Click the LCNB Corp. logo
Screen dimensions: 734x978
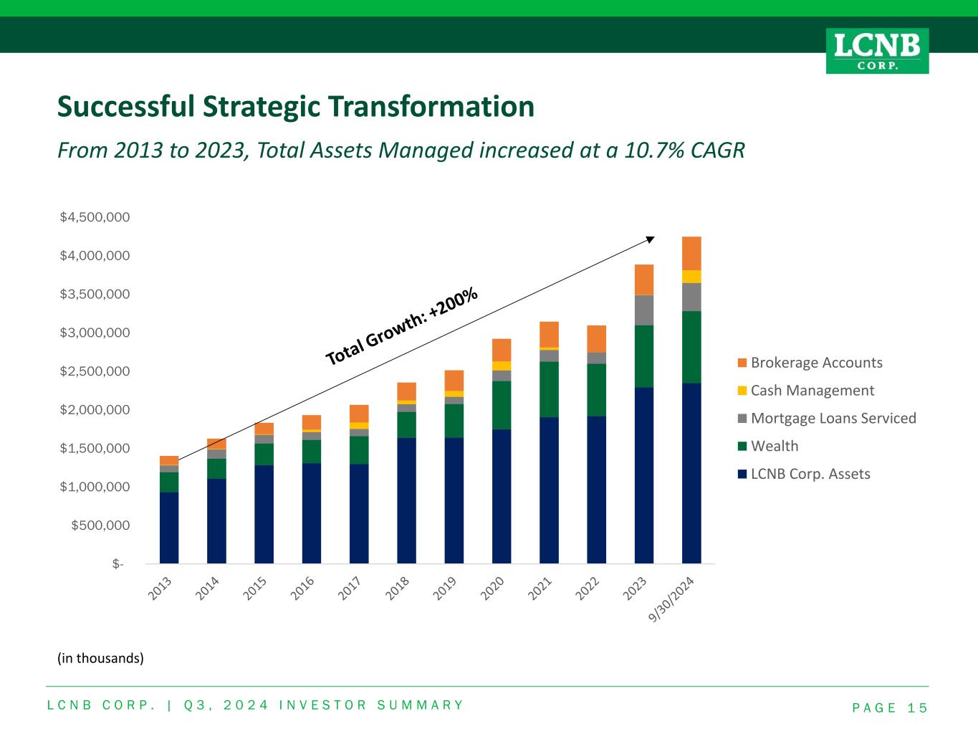tap(877, 51)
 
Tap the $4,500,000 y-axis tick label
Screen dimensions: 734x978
tap(95, 217)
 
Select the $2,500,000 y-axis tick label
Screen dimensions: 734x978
tap(95, 371)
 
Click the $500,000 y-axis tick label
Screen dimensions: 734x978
tap(100, 525)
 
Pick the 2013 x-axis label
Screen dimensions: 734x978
tap(160, 588)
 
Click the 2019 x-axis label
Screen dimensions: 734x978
tap(445, 588)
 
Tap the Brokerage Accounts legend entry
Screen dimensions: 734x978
tap(816, 363)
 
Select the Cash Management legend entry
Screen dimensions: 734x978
tap(812, 391)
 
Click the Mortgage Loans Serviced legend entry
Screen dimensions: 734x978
tap(833, 419)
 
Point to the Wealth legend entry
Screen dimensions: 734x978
tap(774, 447)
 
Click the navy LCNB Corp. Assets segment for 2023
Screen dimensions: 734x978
tap(644, 475)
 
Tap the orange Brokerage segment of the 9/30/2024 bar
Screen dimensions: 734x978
tap(691, 253)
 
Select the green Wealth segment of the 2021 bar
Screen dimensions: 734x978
tap(549, 389)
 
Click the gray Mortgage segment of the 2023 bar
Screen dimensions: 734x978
tap(644, 310)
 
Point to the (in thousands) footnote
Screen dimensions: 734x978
tap(100, 658)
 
